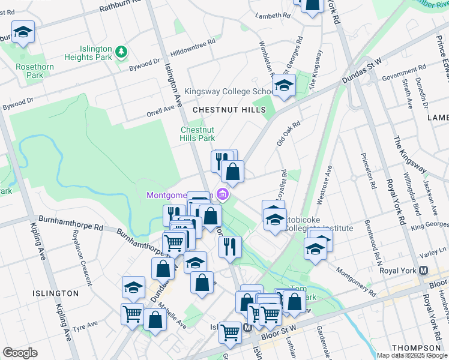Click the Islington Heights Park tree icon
[122, 52]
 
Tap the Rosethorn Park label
[30, 71]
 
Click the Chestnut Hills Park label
[197, 134]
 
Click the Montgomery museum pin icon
[223, 194]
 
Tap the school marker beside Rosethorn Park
[23, 33]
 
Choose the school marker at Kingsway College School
[285, 85]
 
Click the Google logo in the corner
[20, 353]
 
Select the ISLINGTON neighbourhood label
[56, 293]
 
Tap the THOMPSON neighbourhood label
[416, 348]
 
